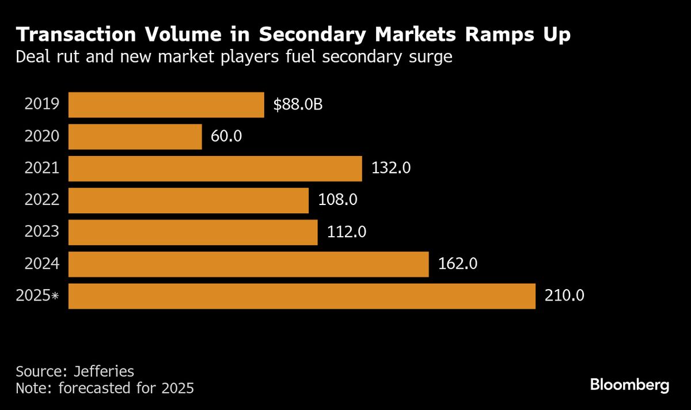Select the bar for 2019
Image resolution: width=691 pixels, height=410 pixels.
click(166, 105)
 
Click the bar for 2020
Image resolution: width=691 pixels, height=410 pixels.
click(135, 136)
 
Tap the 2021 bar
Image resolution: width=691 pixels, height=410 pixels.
click(215, 168)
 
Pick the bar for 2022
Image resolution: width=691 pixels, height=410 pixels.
click(188, 200)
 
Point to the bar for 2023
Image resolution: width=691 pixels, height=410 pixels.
click(193, 232)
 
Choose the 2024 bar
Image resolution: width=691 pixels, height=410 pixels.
click(248, 264)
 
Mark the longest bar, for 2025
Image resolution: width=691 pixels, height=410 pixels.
click(302, 296)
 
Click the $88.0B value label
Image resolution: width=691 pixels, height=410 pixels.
click(298, 105)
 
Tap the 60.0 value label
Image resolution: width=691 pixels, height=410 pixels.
click(226, 136)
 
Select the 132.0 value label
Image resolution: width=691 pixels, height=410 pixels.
click(391, 168)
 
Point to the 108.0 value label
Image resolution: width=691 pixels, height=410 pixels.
click(338, 200)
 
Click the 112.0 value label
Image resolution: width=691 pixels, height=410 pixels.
click(347, 232)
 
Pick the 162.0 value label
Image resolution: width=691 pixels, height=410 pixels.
click(458, 264)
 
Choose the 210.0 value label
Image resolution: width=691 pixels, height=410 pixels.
click(565, 296)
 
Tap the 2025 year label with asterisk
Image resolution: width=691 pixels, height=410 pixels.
click(38, 296)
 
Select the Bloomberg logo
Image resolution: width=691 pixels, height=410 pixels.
click(630, 385)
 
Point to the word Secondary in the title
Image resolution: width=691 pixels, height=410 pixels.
click(316, 35)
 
